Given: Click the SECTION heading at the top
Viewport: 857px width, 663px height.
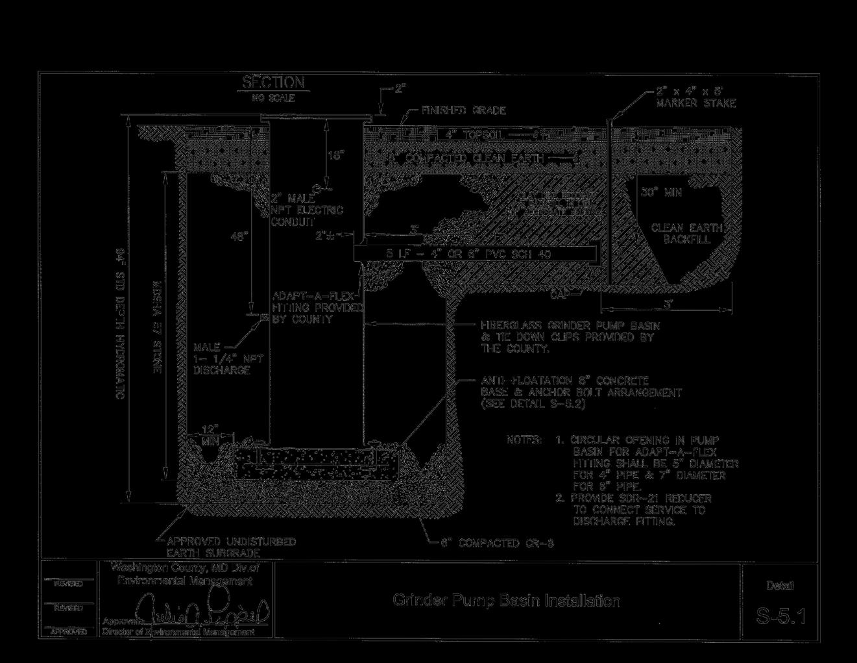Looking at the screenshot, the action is [273, 82].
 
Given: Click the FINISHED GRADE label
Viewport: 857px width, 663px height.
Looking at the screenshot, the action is [463, 111].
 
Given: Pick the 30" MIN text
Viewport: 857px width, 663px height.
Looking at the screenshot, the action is [661, 193].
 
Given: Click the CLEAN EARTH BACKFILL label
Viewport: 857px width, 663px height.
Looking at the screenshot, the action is [681, 234].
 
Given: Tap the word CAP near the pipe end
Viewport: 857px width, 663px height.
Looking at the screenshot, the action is [561, 294].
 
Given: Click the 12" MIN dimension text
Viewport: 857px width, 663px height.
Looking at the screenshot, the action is [210, 434].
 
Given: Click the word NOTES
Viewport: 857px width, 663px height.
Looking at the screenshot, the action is [524, 440].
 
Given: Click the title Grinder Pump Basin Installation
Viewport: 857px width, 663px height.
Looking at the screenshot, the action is [506, 601].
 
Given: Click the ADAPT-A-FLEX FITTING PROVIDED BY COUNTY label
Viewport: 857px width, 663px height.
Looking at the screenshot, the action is [315, 307].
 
